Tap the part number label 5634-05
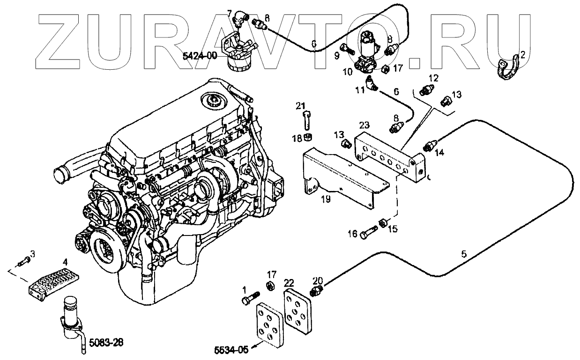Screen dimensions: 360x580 (x=230, y=349)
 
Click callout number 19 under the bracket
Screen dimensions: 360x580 (x=326, y=199)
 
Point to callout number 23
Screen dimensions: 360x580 (x=364, y=125)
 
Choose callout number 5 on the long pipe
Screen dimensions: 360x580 (x=464, y=254)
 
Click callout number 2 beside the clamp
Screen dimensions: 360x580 (x=523, y=54)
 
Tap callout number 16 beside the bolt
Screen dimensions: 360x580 (x=353, y=233)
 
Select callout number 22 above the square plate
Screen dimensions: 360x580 (x=289, y=283)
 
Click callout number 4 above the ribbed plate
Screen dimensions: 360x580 (x=66, y=263)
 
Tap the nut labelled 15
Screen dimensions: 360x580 (x=383, y=223)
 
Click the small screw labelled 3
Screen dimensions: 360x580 (x=22, y=262)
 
